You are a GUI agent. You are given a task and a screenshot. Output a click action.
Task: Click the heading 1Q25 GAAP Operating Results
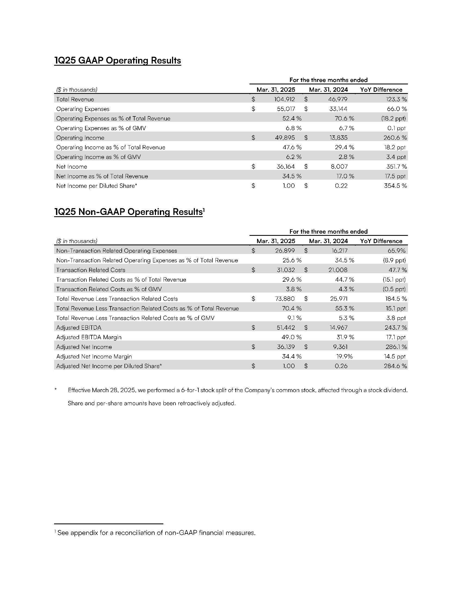coord(117,61)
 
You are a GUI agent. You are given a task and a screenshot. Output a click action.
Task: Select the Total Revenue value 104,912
coord(284,100)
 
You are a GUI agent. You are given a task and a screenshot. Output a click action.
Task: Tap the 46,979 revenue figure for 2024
coord(338,100)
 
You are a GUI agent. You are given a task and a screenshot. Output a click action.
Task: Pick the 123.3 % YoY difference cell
coord(396,100)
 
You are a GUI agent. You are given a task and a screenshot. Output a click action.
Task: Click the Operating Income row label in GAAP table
coord(80,138)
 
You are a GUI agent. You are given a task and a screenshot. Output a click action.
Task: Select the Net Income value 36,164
coord(285,166)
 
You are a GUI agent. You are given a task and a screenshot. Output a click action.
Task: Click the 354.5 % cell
coord(395,186)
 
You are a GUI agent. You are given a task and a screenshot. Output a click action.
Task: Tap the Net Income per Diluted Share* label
coord(97,186)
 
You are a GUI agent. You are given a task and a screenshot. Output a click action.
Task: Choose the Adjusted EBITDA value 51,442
coord(285,328)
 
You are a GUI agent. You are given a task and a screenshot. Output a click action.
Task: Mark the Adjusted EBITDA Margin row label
coord(89,337)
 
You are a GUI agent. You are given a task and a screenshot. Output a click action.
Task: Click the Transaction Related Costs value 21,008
coord(338,270)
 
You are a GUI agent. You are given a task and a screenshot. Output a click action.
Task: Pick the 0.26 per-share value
coord(341,366)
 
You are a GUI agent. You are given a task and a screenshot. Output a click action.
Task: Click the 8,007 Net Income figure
coord(339,166)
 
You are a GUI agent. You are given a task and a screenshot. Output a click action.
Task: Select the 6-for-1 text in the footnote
coord(190,390)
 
